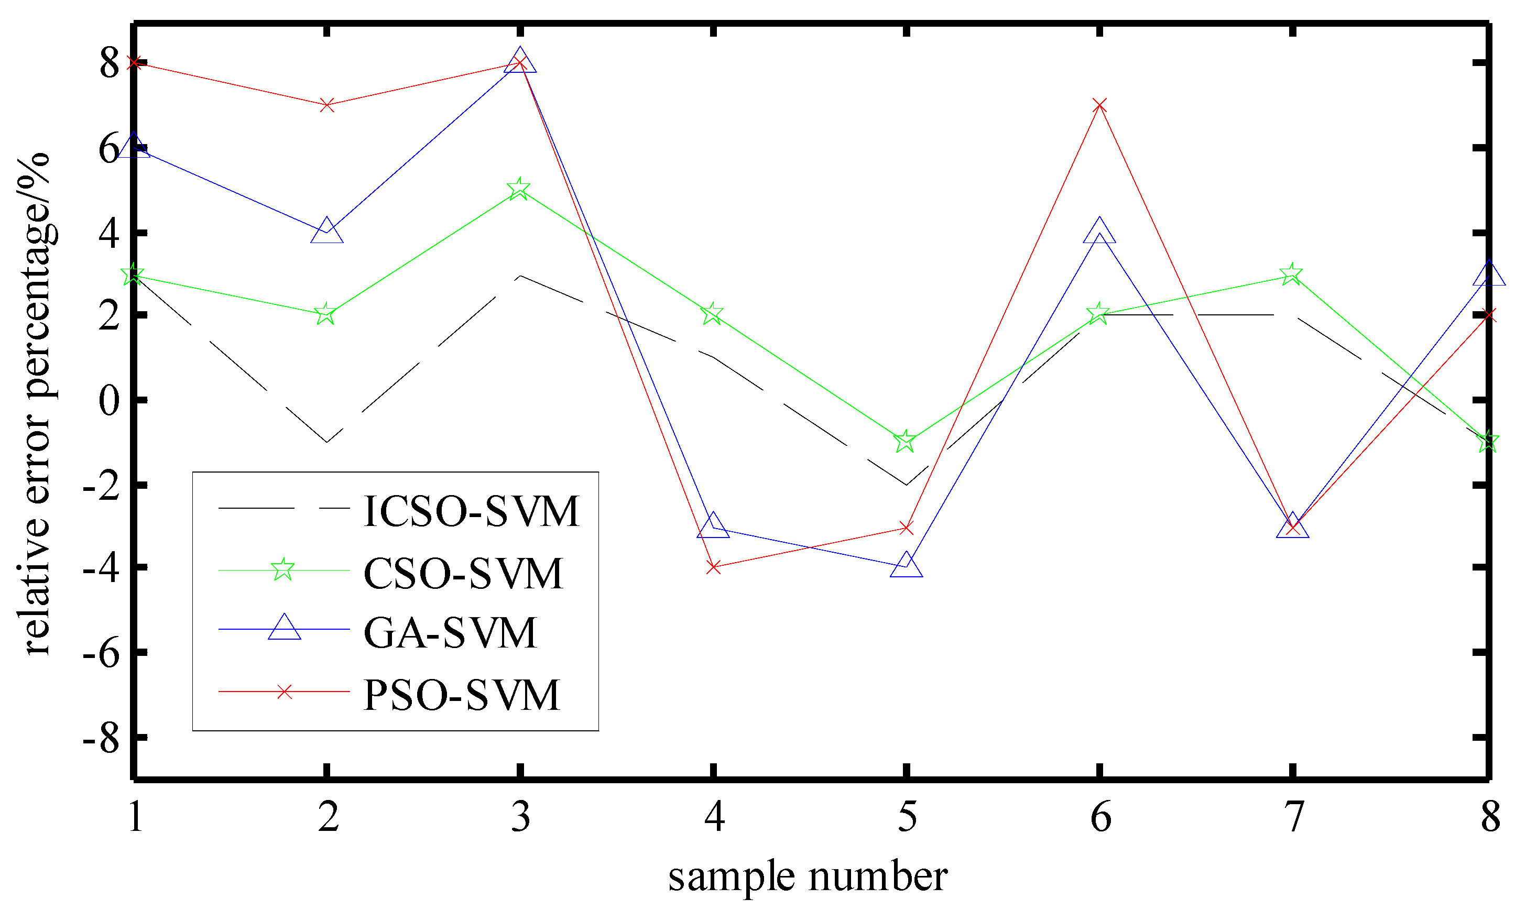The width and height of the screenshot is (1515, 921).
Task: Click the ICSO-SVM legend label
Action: tap(471, 511)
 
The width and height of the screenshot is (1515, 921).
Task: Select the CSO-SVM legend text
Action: tap(463, 574)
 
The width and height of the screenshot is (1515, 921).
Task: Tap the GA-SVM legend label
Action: tap(450, 633)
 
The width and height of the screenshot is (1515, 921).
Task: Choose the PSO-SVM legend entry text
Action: tap(462, 695)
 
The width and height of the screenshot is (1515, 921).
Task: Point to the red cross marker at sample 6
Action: tap(1100, 105)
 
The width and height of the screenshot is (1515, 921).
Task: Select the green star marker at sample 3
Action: tap(519, 189)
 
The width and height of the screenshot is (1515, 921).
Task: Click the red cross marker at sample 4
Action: tap(713, 567)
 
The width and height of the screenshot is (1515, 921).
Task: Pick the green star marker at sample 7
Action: tap(1292, 274)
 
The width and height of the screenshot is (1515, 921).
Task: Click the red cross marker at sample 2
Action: tap(327, 105)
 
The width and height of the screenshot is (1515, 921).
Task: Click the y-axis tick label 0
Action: tap(110, 401)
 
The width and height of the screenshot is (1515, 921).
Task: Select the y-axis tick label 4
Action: tap(110, 234)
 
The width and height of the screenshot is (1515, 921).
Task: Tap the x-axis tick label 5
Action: tap(907, 818)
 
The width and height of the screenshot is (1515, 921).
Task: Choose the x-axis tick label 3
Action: tap(521, 818)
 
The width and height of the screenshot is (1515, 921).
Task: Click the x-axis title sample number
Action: tap(808, 878)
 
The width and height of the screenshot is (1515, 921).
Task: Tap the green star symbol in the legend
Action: tap(283, 570)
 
